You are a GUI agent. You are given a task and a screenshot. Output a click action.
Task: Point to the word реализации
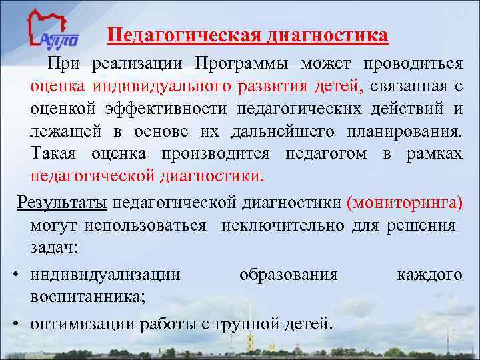click(x=139, y=64)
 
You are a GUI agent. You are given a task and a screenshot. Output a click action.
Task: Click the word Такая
click(x=54, y=154)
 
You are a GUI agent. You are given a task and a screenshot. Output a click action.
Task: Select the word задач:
click(x=54, y=247)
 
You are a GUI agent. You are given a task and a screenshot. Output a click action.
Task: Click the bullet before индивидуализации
click(x=15, y=275)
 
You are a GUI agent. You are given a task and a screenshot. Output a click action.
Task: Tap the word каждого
click(x=429, y=275)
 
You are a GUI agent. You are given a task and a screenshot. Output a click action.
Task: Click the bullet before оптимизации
click(x=15, y=324)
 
